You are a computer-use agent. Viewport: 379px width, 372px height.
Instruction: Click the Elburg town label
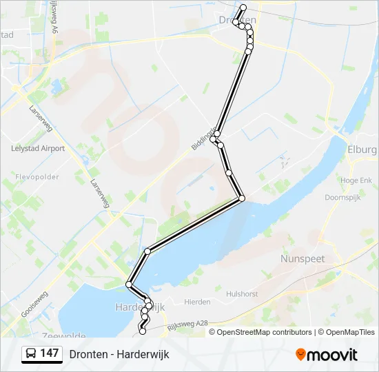click(362, 149)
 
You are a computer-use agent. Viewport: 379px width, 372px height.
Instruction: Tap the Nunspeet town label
click(303, 258)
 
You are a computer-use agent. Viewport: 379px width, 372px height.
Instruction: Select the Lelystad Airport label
click(38, 148)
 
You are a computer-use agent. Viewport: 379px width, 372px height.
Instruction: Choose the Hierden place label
click(197, 302)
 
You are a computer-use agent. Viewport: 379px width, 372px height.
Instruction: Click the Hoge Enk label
click(356, 180)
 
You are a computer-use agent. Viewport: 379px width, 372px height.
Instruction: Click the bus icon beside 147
click(31, 354)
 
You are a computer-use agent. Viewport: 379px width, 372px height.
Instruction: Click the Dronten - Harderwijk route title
click(119, 354)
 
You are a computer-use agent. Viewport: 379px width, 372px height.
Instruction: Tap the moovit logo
click(327, 355)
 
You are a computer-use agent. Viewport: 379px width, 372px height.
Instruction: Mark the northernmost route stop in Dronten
click(243, 8)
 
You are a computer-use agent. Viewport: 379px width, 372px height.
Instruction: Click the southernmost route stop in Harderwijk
click(143, 331)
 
